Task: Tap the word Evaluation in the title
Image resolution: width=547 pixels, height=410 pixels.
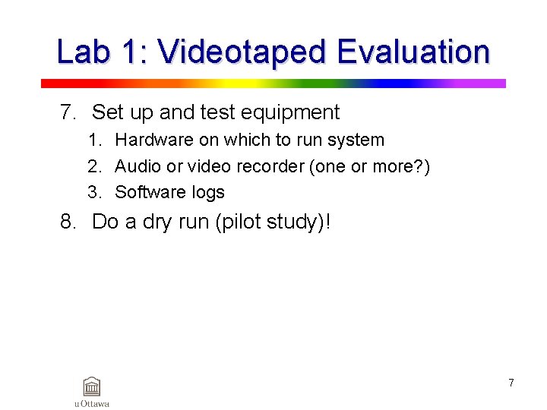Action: (x=413, y=52)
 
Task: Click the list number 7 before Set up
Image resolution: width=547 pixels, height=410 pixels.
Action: (x=68, y=113)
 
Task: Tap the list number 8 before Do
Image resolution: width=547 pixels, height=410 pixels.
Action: (x=68, y=222)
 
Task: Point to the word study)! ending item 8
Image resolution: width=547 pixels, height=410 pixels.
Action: (x=299, y=223)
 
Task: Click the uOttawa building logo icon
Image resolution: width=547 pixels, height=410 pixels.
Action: (x=92, y=386)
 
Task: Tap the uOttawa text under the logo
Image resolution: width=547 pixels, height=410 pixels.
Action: (x=92, y=404)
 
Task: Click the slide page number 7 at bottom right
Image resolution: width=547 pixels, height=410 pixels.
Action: (x=511, y=383)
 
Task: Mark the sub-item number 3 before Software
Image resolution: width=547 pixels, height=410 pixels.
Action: (x=93, y=193)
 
